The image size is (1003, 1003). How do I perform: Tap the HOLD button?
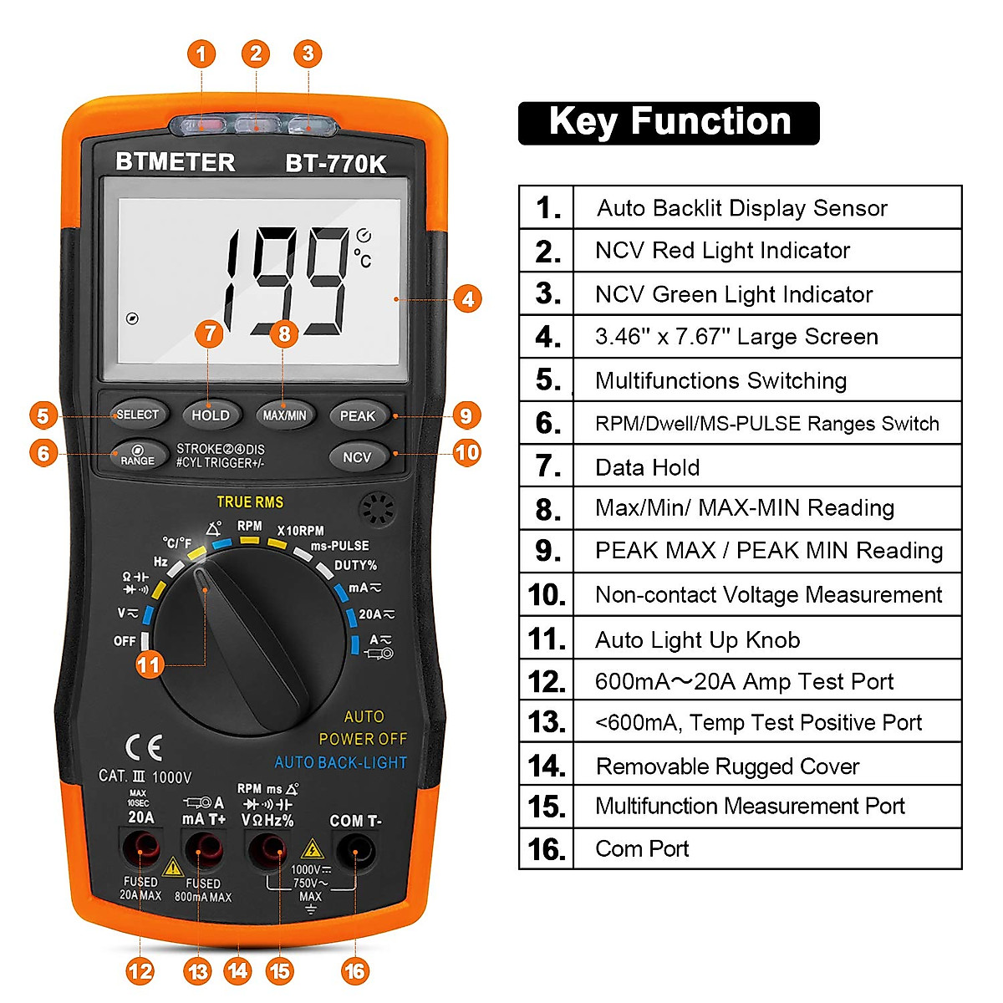click(x=210, y=415)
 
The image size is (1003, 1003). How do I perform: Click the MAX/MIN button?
click(x=284, y=415)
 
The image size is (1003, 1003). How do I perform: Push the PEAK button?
click(x=358, y=416)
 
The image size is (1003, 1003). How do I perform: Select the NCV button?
click(x=357, y=457)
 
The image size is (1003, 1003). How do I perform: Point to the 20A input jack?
click(x=140, y=853)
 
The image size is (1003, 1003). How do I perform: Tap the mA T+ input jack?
click(x=203, y=853)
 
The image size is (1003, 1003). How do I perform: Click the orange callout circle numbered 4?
click(x=467, y=298)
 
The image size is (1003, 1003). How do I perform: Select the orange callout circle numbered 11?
click(x=149, y=665)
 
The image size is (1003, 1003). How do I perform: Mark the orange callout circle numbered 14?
click(x=238, y=970)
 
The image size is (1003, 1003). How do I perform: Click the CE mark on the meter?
click(x=143, y=747)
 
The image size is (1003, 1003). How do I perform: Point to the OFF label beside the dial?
click(x=125, y=641)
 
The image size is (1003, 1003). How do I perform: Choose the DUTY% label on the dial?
click(x=355, y=566)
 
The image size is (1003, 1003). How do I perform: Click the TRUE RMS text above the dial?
click(x=250, y=502)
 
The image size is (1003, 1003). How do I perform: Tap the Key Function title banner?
click(x=669, y=123)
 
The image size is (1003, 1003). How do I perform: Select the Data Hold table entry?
click(x=648, y=467)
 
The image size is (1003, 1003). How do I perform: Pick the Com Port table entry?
click(x=642, y=849)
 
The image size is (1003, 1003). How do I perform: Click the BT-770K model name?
click(x=336, y=164)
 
